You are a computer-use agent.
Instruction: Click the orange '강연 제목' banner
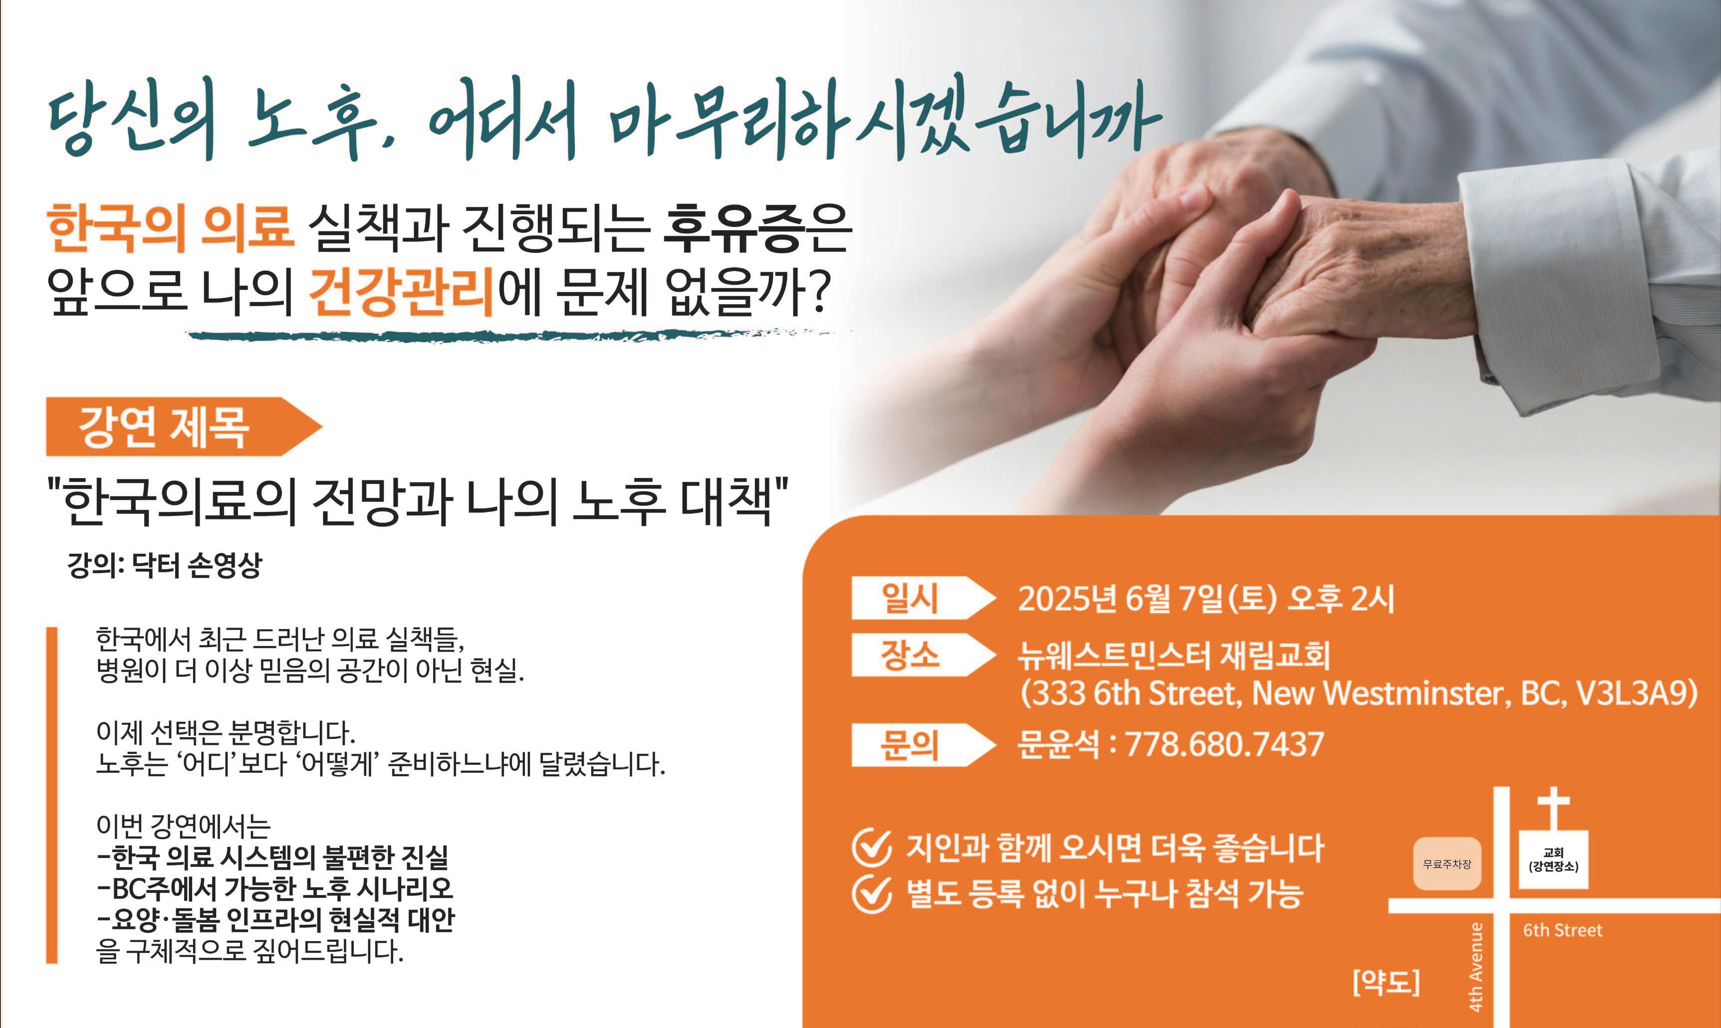point(184,427)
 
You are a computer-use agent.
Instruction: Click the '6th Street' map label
point(1562,930)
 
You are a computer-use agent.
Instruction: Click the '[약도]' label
point(1386,982)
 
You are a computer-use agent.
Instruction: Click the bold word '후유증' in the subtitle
point(735,227)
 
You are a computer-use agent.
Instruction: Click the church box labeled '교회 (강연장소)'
point(1553,859)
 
